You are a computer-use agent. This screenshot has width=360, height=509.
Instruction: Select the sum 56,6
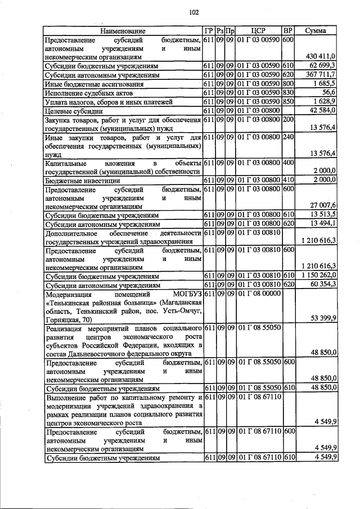[x=327, y=92]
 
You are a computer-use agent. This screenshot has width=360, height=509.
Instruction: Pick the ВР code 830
[x=289, y=92]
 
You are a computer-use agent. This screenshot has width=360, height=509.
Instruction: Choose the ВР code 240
[x=289, y=137]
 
